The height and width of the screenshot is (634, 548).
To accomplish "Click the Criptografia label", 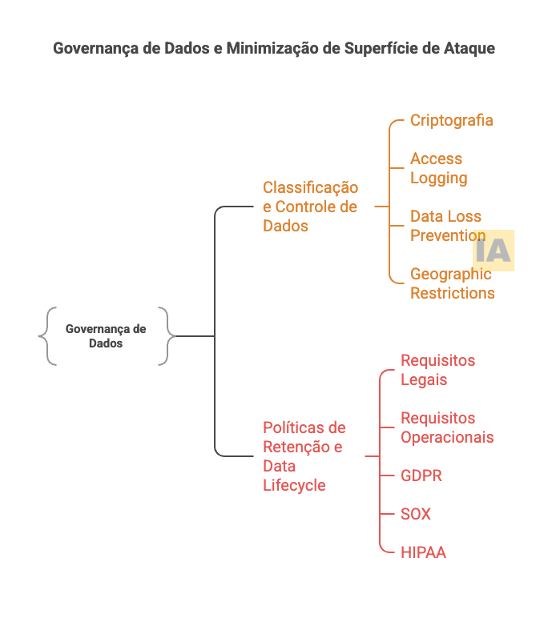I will coord(451,120).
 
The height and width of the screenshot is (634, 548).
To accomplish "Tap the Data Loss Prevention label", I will coord(445,226).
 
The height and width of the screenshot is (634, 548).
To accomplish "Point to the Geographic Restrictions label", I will coord(452,283).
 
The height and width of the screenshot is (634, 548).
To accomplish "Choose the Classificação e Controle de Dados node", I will coord(310,207).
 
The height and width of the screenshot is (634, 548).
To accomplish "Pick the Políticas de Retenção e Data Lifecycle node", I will coord(304,456).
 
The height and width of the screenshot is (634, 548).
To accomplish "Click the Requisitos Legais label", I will coord(437,370).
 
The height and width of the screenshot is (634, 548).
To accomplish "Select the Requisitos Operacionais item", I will coord(446,427).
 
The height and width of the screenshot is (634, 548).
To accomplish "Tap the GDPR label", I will coord(421,475).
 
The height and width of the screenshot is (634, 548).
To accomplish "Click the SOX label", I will coord(415,514).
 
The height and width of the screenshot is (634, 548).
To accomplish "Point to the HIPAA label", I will coord(423,552).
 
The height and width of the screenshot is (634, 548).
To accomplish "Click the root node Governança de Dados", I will coord(106,336).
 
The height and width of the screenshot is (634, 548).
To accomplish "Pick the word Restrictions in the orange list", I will coord(452,293).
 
